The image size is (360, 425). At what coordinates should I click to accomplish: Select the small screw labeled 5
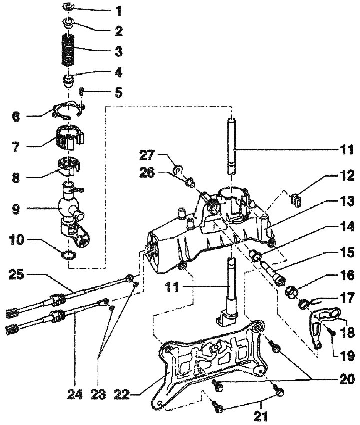tap(82, 92)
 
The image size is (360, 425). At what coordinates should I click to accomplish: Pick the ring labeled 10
tap(69, 257)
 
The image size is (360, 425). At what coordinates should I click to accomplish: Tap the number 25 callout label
tap(18, 274)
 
